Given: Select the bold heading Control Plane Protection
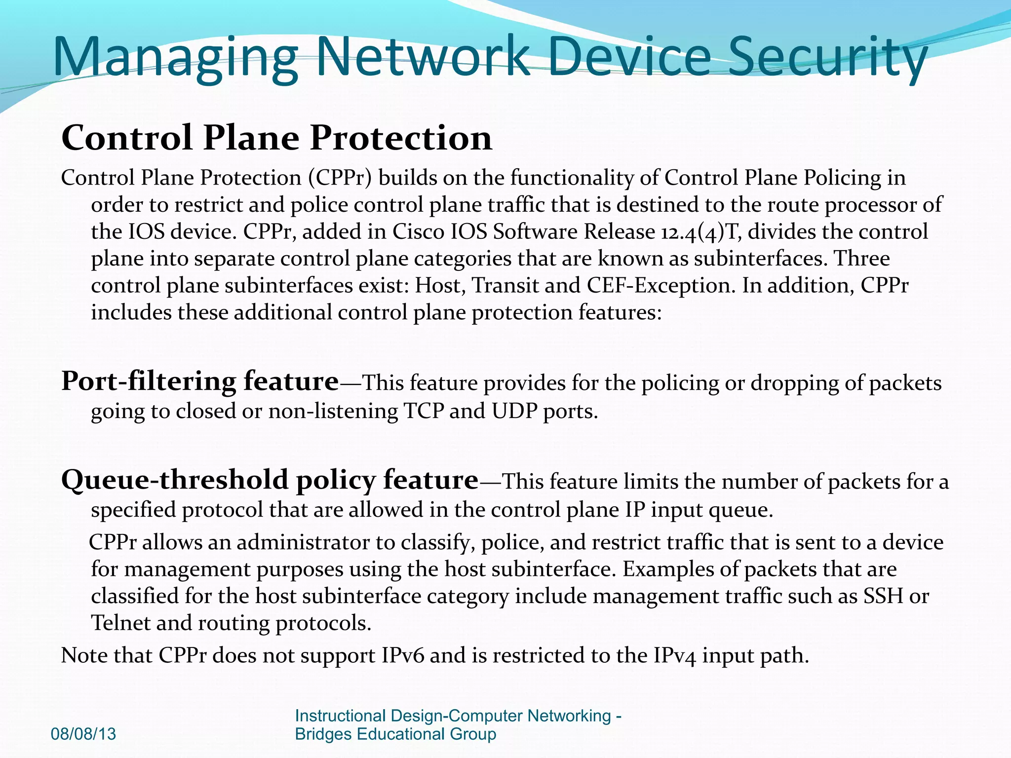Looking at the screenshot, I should point(276,138).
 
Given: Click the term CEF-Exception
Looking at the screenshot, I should point(661,286).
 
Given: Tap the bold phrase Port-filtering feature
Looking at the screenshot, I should point(200,381).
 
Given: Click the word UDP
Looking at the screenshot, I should point(514,411).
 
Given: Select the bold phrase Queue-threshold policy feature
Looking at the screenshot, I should point(270,480).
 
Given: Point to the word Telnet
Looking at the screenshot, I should point(120,623).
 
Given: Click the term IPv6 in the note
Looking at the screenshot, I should point(403,655).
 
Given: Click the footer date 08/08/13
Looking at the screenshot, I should point(83,734).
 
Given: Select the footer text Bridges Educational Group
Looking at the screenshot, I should point(395,734).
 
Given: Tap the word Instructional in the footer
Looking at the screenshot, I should point(340,716).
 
